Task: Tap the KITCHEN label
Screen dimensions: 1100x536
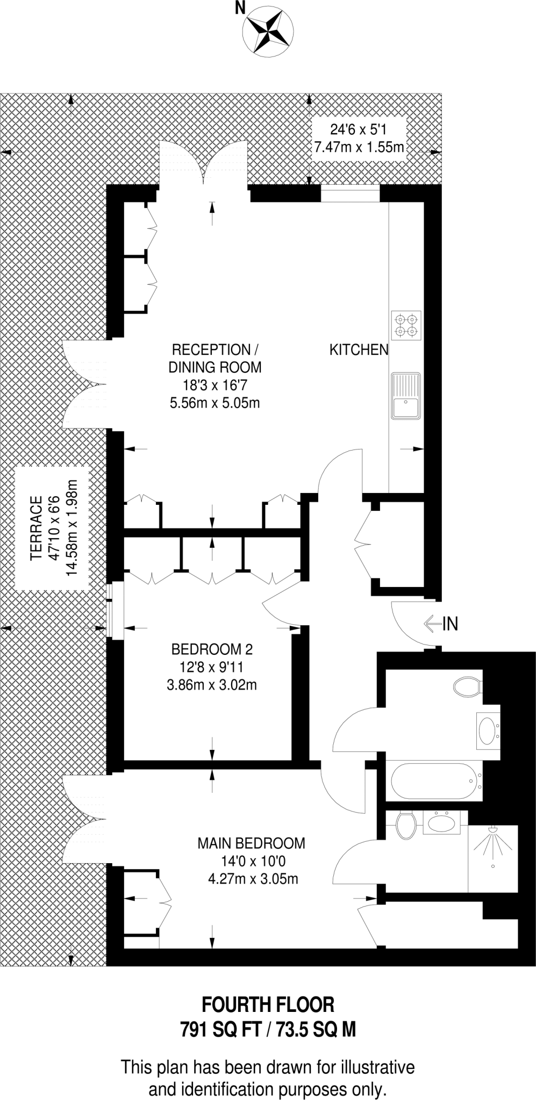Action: (359, 350)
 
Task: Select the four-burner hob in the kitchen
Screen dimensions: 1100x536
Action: (406, 325)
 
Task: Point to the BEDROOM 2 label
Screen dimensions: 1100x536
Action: (212, 649)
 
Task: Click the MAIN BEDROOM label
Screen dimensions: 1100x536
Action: (251, 843)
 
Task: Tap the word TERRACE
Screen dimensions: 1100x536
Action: (36, 529)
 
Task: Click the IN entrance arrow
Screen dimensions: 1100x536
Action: (441, 624)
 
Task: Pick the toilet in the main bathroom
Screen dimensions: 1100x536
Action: (467, 687)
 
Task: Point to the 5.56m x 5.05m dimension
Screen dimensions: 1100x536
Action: (215, 403)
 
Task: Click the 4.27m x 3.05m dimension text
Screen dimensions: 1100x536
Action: (253, 879)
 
